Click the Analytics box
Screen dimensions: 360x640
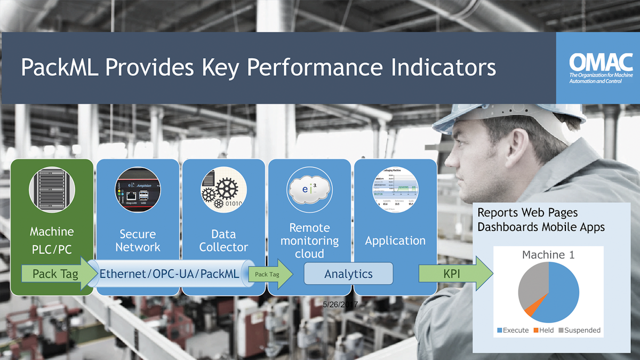(x=348, y=274)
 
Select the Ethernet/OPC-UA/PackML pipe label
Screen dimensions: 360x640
(x=170, y=274)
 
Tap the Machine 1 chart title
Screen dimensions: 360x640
(x=548, y=255)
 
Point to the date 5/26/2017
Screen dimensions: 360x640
(x=340, y=303)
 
